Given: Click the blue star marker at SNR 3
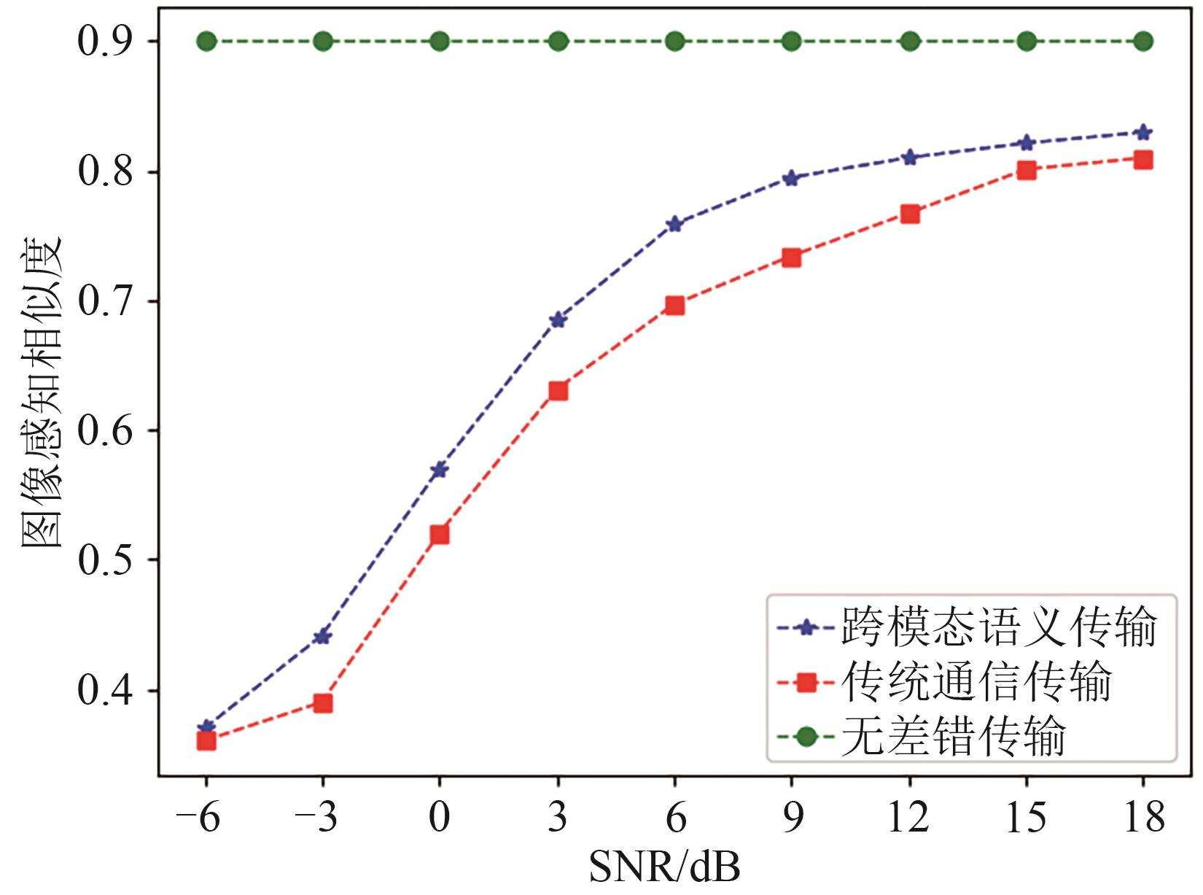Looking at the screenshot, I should click(558, 319).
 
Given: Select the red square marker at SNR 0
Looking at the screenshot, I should click(440, 535).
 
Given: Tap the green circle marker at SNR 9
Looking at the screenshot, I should click(792, 41).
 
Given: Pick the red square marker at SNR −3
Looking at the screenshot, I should click(323, 703).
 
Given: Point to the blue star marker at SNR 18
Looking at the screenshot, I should click(1143, 132).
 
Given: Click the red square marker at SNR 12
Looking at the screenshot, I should click(910, 214).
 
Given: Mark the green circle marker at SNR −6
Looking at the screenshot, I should click(206, 41).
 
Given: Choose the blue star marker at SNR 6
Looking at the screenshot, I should click(674, 224).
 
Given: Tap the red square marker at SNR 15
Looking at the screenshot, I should click(1027, 171).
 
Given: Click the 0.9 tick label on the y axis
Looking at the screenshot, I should click(108, 42).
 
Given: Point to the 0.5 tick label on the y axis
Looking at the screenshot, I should click(108, 560).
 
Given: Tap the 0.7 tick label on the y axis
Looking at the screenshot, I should click(108, 301).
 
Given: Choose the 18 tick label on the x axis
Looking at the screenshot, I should click(1143, 818).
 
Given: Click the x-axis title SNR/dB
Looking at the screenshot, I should click(664, 868).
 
